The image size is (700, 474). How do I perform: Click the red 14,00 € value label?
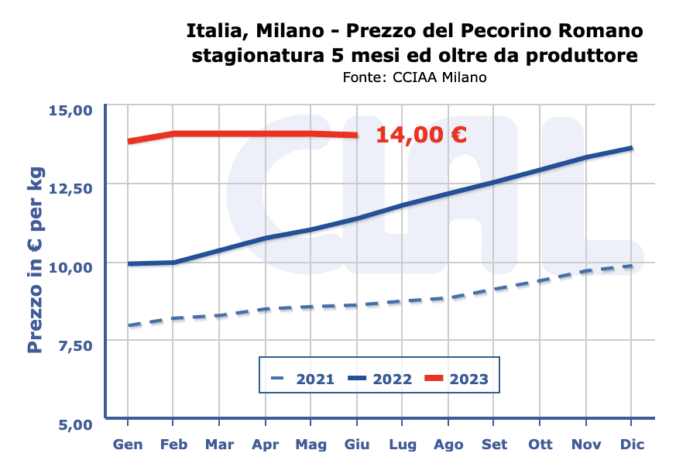[420, 136]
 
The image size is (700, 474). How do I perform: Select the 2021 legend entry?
[303, 379]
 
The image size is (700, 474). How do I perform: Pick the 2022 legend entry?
[379, 379]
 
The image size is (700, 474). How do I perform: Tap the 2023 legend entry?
[457, 379]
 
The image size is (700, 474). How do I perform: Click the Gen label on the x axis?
[127, 445]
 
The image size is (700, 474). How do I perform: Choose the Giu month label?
[356, 445]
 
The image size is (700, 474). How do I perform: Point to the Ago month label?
[448, 445]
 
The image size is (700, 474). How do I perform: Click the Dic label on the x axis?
[632, 445]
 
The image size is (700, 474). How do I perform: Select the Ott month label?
[540, 445]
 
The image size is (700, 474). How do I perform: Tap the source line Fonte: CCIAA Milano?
[414, 77]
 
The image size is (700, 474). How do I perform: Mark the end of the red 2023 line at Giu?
[356, 135]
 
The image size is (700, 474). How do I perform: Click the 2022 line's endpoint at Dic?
[632, 148]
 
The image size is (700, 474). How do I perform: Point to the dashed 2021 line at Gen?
[128, 325]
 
